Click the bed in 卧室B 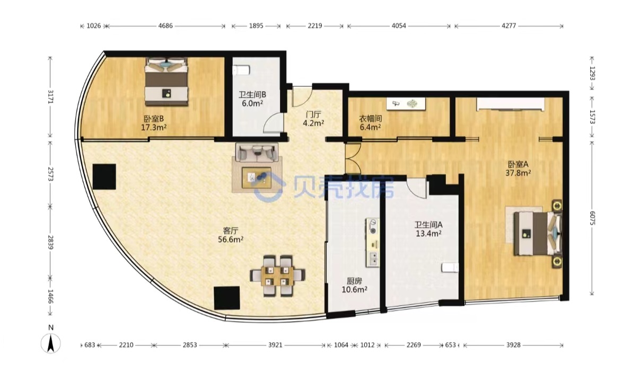pyautogui.click(x=166, y=82)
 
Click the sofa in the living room pyautogui.click(x=257, y=153)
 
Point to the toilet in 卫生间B pyautogui.click(x=241, y=70)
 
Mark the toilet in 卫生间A pyautogui.click(x=450, y=268)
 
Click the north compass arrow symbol pyautogui.click(x=51, y=343)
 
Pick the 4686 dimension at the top pyautogui.click(x=165, y=26)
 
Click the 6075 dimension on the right pyautogui.click(x=592, y=218)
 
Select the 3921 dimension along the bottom pyautogui.click(x=275, y=345)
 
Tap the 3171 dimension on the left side pyautogui.click(x=50, y=96)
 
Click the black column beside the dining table pyautogui.click(x=227, y=298)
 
